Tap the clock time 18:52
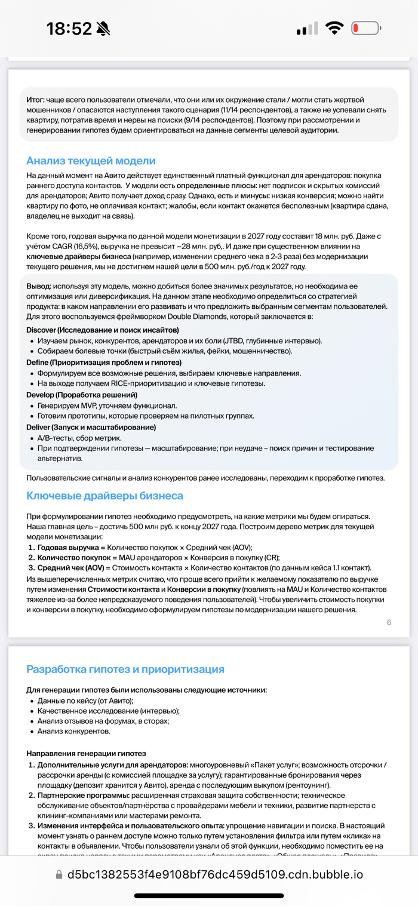[69, 29]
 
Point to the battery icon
[366, 28]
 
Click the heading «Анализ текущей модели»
[91, 161]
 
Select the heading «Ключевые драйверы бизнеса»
[105, 496]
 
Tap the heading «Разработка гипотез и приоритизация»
[125, 669]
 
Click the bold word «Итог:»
[35, 100]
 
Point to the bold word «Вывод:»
[39, 285]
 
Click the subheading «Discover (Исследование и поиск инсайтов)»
[103, 330]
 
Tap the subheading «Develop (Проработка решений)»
[82, 395]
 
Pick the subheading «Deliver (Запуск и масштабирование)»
[91, 427]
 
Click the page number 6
[389, 622]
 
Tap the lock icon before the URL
[59, 875]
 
